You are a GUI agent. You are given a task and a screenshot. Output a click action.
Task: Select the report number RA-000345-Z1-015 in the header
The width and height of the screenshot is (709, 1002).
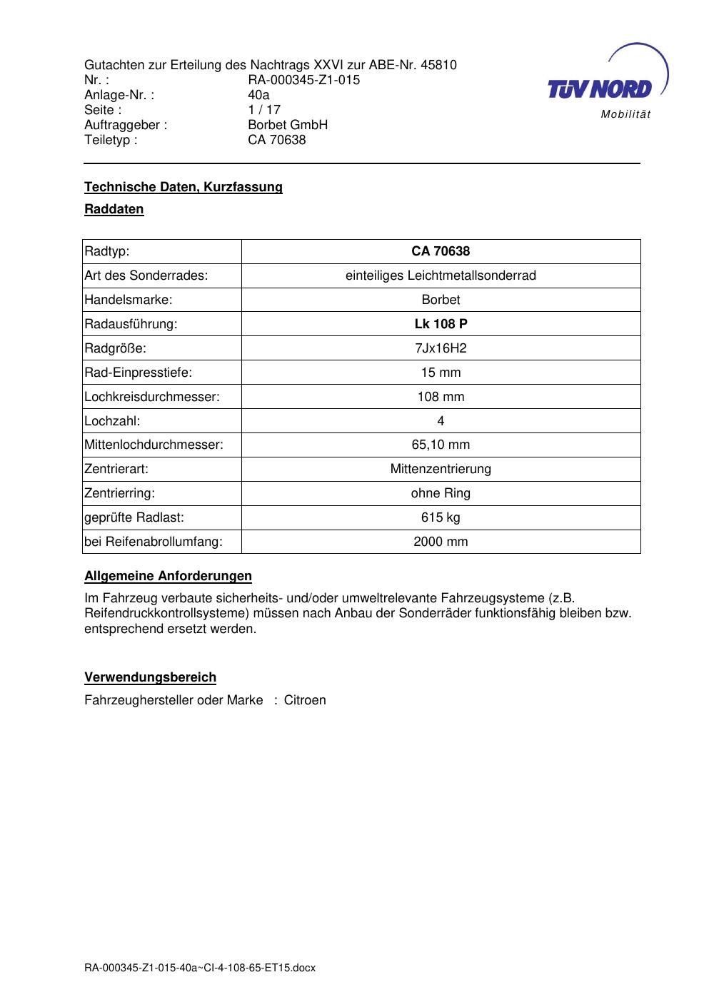click(303, 80)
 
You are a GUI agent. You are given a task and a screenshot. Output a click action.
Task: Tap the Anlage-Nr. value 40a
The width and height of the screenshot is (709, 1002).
click(258, 95)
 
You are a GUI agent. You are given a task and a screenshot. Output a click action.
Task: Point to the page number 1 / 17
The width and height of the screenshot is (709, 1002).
click(264, 110)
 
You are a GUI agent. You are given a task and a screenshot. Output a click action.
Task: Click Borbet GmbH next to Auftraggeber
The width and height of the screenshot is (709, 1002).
click(287, 125)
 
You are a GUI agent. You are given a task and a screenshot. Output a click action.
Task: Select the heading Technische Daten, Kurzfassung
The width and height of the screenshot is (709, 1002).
click(183, 187)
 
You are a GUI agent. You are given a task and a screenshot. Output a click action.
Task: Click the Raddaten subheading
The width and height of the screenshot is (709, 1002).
click(114, 209)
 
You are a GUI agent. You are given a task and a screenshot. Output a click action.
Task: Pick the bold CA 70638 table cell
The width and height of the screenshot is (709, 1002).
click(441, 251)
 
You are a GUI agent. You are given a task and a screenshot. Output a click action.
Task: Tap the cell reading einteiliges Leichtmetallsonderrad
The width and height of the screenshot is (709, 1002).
click(441, 275)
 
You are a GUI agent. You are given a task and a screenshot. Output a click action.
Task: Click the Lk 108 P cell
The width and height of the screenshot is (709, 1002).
click(441, 324)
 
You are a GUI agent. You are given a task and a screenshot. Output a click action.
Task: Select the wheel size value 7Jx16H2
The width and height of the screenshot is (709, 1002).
click(441, 348)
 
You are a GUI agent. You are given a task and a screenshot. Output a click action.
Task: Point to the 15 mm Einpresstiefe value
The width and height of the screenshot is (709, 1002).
click(441, 373)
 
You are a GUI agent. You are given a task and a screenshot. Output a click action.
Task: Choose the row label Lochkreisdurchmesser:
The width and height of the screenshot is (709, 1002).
click(151, 397)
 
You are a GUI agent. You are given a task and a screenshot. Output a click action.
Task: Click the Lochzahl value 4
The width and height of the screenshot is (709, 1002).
click(441, 421)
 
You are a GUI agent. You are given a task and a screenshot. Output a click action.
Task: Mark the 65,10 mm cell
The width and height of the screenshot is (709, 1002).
click(441, 445)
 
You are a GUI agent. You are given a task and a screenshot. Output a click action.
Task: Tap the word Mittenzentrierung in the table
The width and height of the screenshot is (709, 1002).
click(441, 469)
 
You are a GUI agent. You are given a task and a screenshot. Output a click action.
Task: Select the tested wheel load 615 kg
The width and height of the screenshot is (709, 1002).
click(441, 517)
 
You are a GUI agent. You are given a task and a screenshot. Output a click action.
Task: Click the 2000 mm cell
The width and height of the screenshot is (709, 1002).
click(441, 542)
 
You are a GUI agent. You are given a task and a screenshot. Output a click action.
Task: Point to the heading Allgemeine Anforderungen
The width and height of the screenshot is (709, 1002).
click(168, 576)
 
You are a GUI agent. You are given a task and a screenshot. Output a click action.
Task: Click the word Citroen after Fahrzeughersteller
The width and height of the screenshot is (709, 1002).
click(305, 700)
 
